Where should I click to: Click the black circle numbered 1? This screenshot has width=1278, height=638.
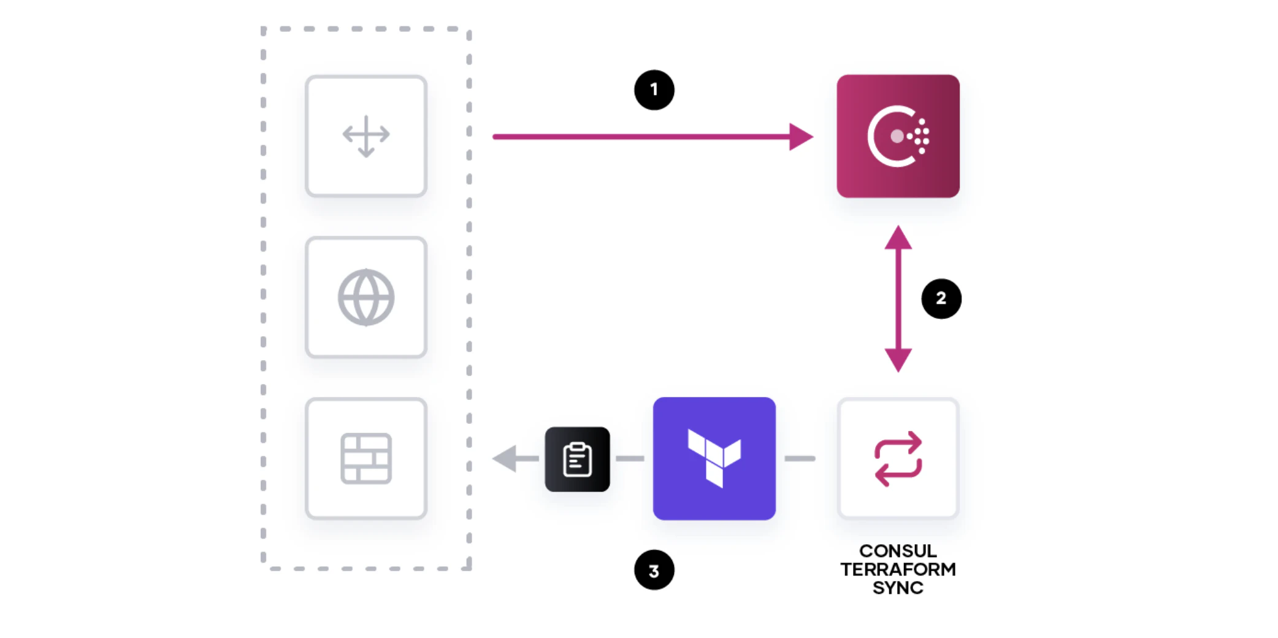pos(654,90)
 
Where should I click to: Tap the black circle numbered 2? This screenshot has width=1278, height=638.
pos(941,299)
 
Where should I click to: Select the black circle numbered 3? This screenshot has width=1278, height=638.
pos(654,570)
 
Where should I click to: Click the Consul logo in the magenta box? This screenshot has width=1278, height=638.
pos(898,136)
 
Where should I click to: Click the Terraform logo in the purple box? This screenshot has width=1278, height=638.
pos(714,458)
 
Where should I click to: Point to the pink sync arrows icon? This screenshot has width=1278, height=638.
pos(898,459)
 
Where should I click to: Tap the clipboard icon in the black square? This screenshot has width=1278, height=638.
pos(577,459)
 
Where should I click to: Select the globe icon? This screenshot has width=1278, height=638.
pos(366,298)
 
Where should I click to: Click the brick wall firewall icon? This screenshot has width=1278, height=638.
pos(366,459)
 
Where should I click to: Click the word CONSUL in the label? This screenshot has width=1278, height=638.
pos(898,551)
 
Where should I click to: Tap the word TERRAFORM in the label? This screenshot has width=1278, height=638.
pos(898,569)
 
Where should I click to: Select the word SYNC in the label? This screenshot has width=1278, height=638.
pos(898,588)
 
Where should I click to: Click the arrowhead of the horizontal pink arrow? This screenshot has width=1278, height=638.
pos(801,136)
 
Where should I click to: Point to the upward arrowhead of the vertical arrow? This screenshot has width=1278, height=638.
pos(898,237)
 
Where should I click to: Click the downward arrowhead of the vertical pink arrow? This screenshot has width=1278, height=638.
pos(898,361)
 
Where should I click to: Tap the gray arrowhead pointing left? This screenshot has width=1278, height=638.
pos(505,459)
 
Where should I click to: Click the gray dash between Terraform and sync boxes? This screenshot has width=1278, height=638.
pos(800,459)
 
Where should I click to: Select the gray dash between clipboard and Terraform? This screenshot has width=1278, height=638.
pos(630,459)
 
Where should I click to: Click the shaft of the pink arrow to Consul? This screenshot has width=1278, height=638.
pos(641,136)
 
